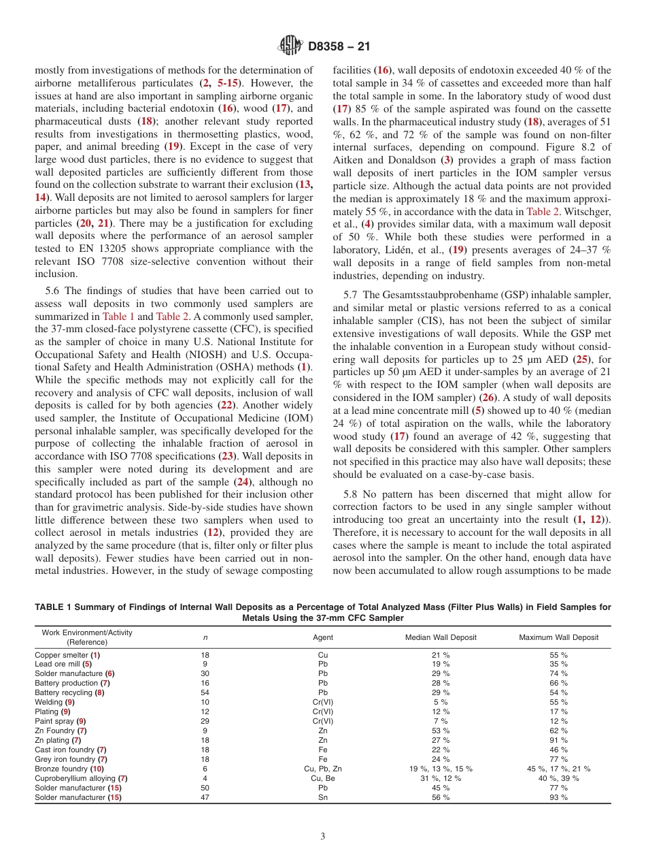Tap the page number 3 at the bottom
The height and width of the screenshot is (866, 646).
(x=323, y=836)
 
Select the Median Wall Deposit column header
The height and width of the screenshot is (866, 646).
(x=441, y=637)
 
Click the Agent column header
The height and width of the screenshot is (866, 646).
(x=323, y=637)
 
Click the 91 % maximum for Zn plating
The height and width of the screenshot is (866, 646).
(x=559, y=740)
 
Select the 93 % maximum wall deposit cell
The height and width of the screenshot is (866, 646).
(x=559, y=797)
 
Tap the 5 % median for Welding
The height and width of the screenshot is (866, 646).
(x=441, y=702)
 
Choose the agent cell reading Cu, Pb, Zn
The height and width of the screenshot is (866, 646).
(x=323, y=769)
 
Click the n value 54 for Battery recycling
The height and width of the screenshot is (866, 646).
(x=205, y=692)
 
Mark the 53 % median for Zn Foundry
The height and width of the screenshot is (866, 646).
(x=441, y=731)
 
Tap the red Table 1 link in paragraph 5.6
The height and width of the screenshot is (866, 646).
(x=118, y=317)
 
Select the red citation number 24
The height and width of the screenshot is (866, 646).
(x=243, y=481)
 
